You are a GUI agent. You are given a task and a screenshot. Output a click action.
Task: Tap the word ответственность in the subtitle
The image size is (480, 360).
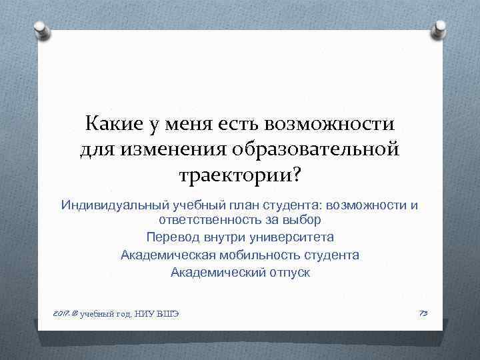207,219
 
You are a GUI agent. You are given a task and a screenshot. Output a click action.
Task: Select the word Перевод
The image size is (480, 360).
169,237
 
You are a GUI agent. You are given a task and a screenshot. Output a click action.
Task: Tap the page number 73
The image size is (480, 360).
423,313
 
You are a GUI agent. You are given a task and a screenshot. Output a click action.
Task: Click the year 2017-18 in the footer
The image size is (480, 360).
65,313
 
